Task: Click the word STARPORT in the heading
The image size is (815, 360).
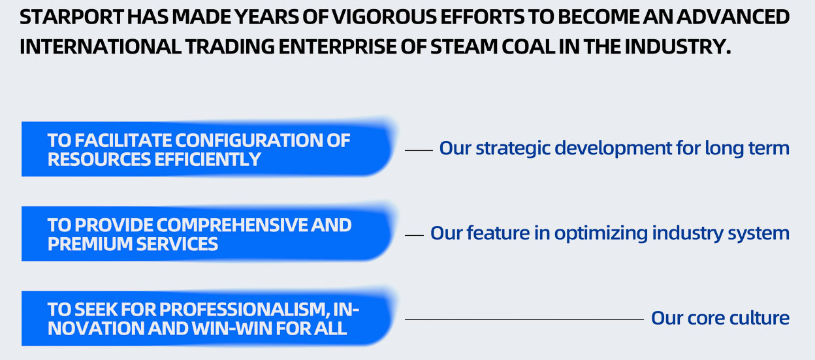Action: (x=72, y=17)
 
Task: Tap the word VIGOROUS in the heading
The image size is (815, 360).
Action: (x=384, y=17)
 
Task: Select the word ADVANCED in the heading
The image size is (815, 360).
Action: (x=733, y=17)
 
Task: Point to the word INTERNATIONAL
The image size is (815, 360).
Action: (x=101, y=47)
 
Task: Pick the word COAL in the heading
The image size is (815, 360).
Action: (x=528, y=47)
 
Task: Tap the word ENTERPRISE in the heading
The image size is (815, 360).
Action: (x=337, y=47)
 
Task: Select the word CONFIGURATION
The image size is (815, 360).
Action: (x=249, y=140)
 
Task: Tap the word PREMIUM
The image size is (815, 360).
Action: (x=90, y=244)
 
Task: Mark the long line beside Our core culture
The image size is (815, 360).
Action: (x=524, y=319)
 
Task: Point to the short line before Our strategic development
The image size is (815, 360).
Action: (x=419, y=150)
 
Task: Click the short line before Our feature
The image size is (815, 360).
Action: (x=415, y=235)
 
